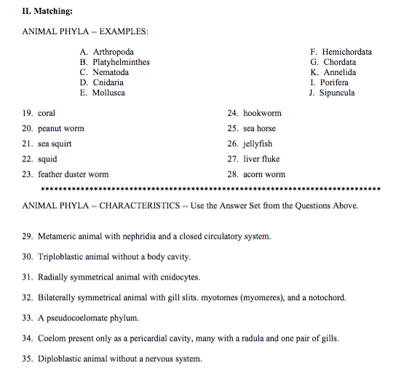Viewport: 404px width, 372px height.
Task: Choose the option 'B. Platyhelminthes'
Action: click(x=115, y=63)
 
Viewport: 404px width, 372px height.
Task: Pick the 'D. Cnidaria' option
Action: click(x=104, y=83)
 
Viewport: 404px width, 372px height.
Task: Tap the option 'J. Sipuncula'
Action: click(x=332, y=93)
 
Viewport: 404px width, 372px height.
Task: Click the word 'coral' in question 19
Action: click(x=47, y=114)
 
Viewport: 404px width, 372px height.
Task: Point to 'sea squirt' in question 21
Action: click(x=55, y=144)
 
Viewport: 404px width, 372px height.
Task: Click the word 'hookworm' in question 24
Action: click(x=262, y=114)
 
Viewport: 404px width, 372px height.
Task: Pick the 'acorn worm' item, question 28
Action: click(x=264, y=175)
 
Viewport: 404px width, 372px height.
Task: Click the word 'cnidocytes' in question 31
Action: click(x=179, y=277)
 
